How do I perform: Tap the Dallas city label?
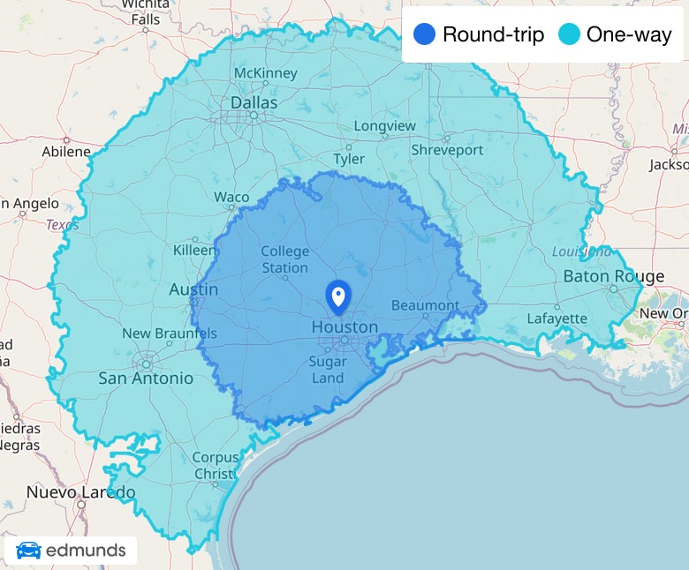tap(254, 103)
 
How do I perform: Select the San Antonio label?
tap(146, 378)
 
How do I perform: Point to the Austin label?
tap(193, 289)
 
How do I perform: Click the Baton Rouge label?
tap(614, 276)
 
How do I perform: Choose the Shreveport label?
tap(447, 150)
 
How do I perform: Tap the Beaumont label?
tap(426, 305)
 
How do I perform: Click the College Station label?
tap(284, 259)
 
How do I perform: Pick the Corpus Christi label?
tap(216, 465)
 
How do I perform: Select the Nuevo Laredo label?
tap(80, 491)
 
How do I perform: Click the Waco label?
tap(231, 197)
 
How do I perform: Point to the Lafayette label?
tap(556, 319)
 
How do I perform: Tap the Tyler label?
tap(349, 159)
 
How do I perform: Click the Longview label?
tap(384, 126)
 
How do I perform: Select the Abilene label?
tap(66, 151)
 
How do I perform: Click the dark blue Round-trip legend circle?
tap(424, 35)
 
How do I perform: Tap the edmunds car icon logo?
tap(29, 551)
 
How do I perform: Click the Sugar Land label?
tap(327, 369)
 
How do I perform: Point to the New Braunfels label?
tap(170, 334)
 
